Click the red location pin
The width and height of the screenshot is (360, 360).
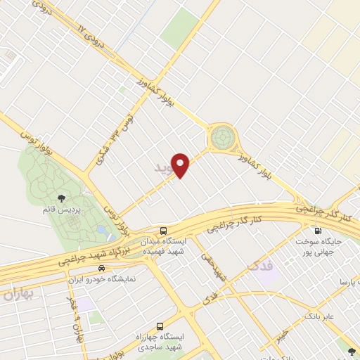coord(182,165)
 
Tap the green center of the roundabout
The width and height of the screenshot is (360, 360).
coord(223,135)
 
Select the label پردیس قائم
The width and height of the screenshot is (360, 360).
coord(60,210)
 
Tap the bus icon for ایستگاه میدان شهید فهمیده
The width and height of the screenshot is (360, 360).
coord(163,230)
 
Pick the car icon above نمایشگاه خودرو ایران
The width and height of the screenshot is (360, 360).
coord(102,268)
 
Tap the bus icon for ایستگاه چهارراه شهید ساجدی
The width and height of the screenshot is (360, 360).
coord(160,327)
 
